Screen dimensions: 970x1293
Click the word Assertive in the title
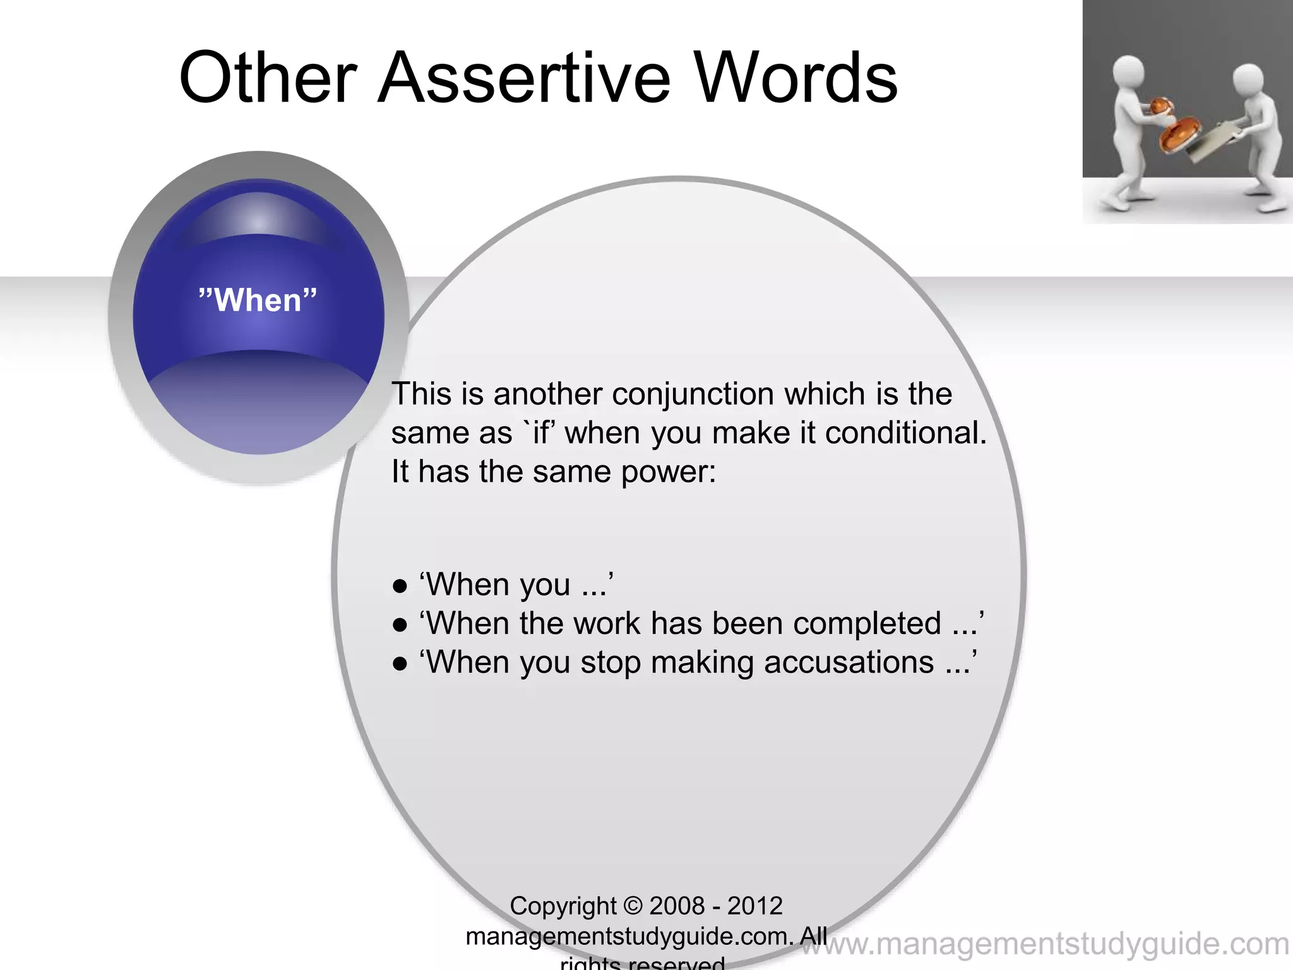523,78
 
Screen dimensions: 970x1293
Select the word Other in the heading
269,78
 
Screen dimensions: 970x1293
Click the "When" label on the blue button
258,300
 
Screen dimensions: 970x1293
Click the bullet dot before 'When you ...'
399,585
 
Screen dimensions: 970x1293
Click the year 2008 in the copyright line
676,906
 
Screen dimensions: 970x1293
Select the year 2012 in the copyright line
755,906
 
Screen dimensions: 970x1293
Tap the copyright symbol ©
632,906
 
